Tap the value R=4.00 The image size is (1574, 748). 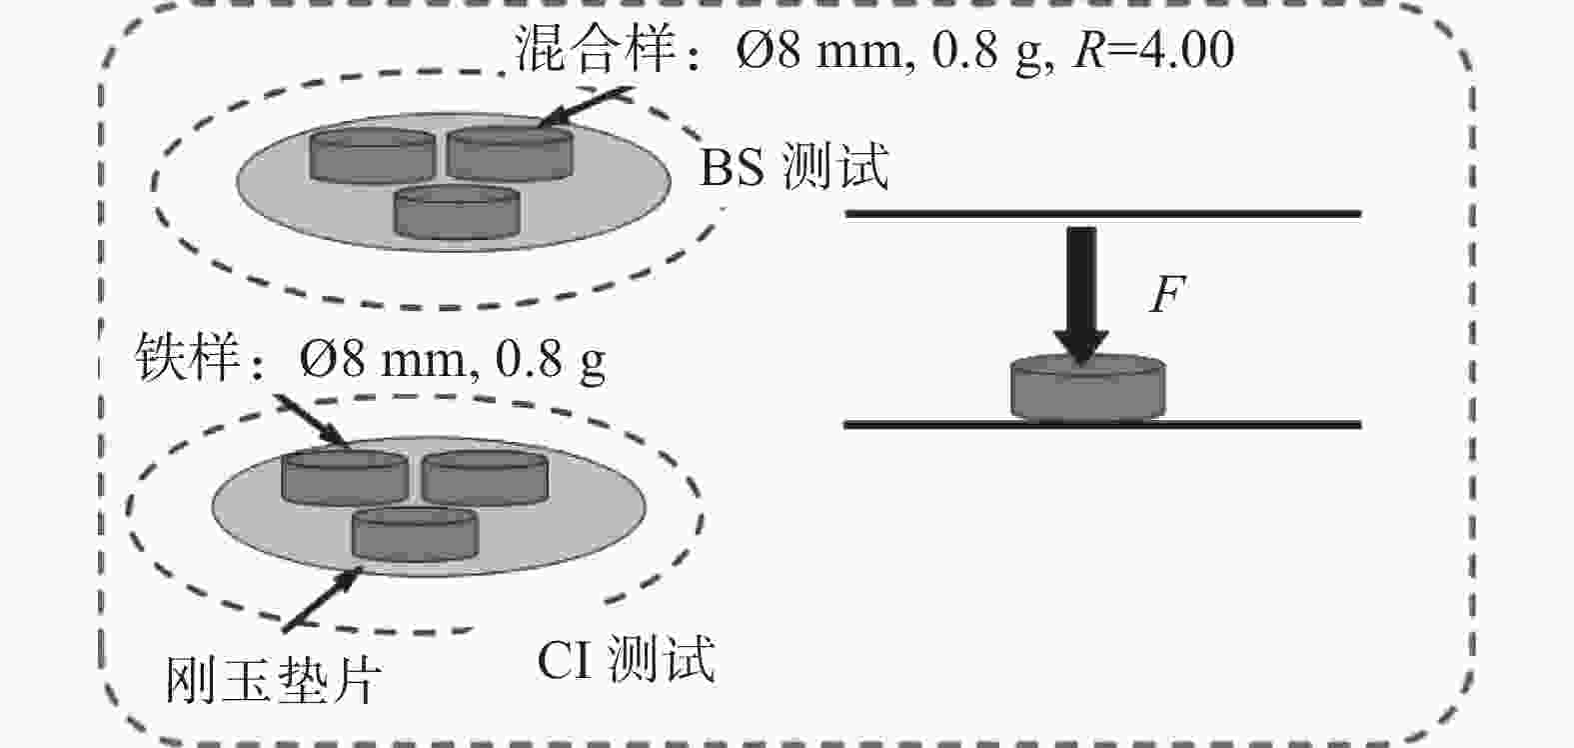tap(1152, 50)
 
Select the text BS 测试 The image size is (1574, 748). tap(793, 167)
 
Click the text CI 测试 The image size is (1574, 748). tap(627, 659)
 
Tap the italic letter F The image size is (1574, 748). tap(1165, 295)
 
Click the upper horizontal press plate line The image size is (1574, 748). tap(1103, 213)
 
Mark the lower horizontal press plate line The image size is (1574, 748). tap(1103, 425)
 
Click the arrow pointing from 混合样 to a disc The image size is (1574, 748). tap(587, 107)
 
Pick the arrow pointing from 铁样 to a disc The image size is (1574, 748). tap(311, 420)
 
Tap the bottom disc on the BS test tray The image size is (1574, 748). tap(458, 211)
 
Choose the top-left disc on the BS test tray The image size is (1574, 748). tap(372, 155)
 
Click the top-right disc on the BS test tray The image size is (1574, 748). tap(510, 153)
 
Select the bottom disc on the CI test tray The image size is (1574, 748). tap(414, 533)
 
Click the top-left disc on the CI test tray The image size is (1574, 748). tap(345, 476)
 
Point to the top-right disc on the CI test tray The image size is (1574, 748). tap(485, 476)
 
